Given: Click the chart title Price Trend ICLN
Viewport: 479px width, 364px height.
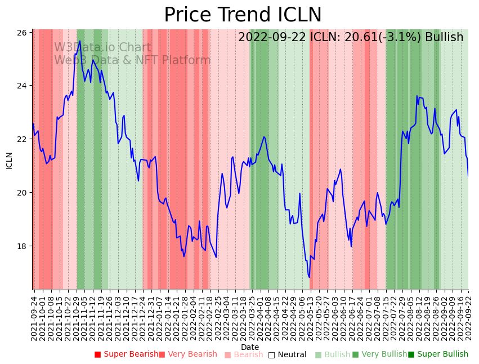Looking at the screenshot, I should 243,15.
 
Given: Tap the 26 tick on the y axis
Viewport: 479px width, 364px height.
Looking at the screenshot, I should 23,33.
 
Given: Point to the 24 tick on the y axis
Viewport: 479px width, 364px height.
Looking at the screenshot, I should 23,86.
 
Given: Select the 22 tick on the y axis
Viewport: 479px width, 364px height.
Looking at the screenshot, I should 23,139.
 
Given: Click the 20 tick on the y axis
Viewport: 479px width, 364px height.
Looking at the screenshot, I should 23,193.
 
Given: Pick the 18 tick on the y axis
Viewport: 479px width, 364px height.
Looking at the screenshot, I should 23,246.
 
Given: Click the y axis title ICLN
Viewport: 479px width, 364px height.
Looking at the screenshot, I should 9,160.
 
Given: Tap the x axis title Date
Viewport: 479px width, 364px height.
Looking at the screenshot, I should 250,347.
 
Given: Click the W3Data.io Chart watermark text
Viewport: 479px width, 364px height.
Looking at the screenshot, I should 102,48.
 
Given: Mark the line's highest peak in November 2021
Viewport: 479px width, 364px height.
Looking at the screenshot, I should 80,41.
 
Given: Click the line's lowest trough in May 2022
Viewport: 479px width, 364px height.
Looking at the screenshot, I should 309,277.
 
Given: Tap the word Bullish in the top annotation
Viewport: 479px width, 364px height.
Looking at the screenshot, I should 444,37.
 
